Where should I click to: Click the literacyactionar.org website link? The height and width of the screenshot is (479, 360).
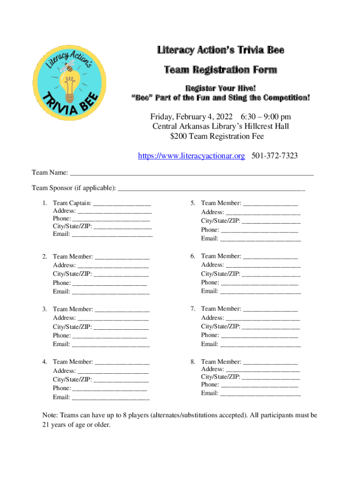pyautogui.click(x=191, y=156)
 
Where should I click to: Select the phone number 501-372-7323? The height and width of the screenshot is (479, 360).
pyautogui.click(x=275, y=156)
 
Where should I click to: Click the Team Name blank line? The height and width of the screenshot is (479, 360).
pyautogui.click(x=192, y=174)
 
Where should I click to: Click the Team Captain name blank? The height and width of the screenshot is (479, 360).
pyautogui.click(x=122, y=204)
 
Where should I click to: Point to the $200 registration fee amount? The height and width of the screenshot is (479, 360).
pyautogui.click(x=180, y=136)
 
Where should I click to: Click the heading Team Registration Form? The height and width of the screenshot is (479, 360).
pyautogui.click(x=220, y=70)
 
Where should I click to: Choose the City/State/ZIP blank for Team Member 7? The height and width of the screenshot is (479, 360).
pyautogui.click(x=271, y=327)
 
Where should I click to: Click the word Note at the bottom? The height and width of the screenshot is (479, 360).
pyautogui.click(x=50, y=415)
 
